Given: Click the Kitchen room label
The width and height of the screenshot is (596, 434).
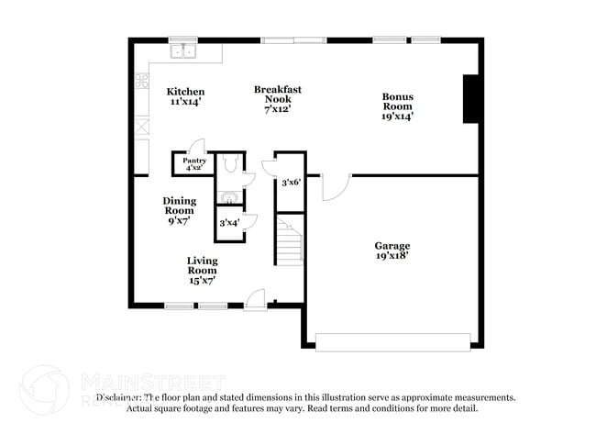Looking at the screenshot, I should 185,96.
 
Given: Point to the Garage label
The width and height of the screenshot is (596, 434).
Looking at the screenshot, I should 392,250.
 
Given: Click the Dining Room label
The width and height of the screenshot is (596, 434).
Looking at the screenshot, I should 179,211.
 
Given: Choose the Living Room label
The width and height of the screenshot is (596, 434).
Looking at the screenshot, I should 202,270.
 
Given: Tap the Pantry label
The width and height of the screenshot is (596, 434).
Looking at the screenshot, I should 194,164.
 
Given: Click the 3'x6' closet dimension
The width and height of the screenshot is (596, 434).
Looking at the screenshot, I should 290,183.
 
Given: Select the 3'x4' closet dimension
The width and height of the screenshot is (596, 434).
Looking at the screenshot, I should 229,222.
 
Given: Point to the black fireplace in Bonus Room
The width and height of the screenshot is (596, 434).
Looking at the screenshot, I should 471,98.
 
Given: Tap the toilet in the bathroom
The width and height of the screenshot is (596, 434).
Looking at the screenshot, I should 229,163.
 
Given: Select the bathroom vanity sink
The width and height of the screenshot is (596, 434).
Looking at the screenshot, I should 228,196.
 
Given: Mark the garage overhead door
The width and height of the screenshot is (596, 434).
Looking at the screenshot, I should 394,340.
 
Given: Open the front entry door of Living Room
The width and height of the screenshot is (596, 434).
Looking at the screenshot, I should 256,300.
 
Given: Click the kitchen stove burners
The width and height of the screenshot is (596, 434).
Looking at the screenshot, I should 143,81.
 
